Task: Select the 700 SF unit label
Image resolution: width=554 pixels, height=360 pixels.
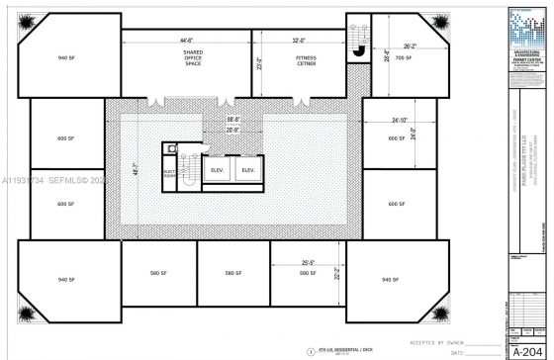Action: pos(403,58)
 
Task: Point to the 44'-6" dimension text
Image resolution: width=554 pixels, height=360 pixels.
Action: pos(185,42)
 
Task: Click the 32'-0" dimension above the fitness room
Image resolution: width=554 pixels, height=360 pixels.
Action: pos(299,42)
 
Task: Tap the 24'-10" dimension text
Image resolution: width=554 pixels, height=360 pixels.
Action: pos(399,121)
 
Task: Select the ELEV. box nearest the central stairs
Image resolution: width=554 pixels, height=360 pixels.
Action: pos(218,170)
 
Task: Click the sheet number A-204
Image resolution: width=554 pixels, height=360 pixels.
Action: pos(530,349)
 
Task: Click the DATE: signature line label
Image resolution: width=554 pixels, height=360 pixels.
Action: pos(457,351)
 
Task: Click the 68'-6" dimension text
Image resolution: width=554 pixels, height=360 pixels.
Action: pos(233,120)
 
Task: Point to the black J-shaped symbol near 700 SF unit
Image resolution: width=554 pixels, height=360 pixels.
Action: pos(361,52)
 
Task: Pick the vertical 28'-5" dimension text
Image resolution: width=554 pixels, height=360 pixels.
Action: pos(387,56)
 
